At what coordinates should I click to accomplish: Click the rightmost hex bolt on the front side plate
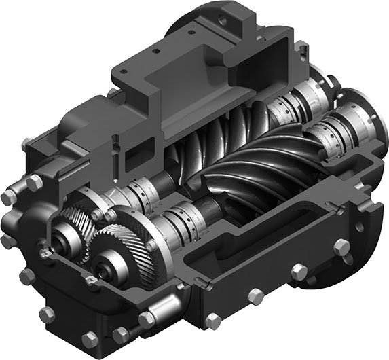click(341, 247)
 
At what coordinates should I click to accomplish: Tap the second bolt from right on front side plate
click(299, 272)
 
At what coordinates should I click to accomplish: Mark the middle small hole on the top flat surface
click(158, 50)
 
